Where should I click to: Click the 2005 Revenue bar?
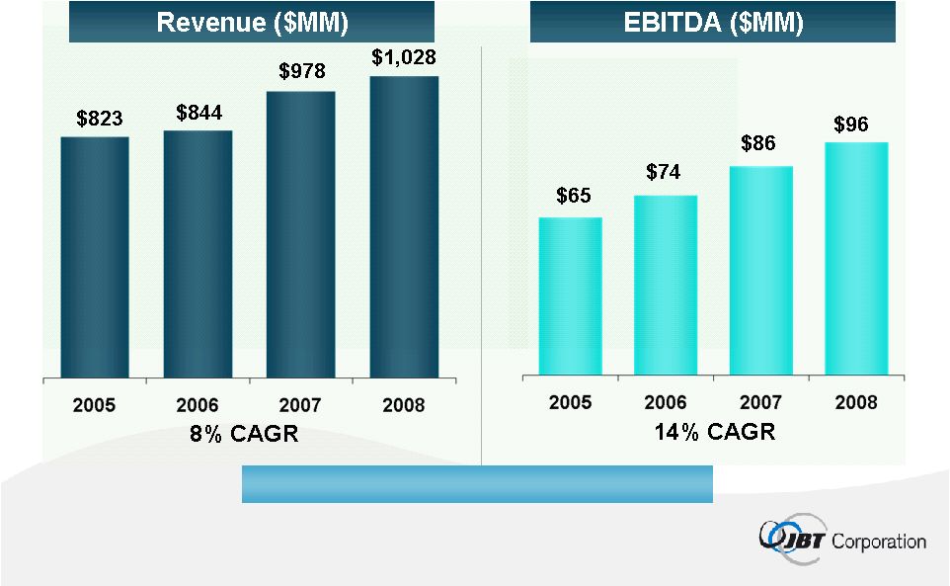(x=95, y=257)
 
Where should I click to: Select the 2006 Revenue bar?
(x=198, y=254)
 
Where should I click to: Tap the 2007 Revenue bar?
(x=300, y=234)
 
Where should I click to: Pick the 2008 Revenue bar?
(x=404, y=226)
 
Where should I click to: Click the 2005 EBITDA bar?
(x=570, y=295)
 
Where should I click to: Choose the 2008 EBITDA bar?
(x=856, y=258)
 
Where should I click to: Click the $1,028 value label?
(x=404, y=57)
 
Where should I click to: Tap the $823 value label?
(x=100, y=120)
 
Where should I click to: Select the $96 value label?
(x=853, y=125)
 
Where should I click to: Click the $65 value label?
(x=573, y=196)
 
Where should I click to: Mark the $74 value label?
(x=665, y=173)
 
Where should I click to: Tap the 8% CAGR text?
(x=243, y=434)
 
